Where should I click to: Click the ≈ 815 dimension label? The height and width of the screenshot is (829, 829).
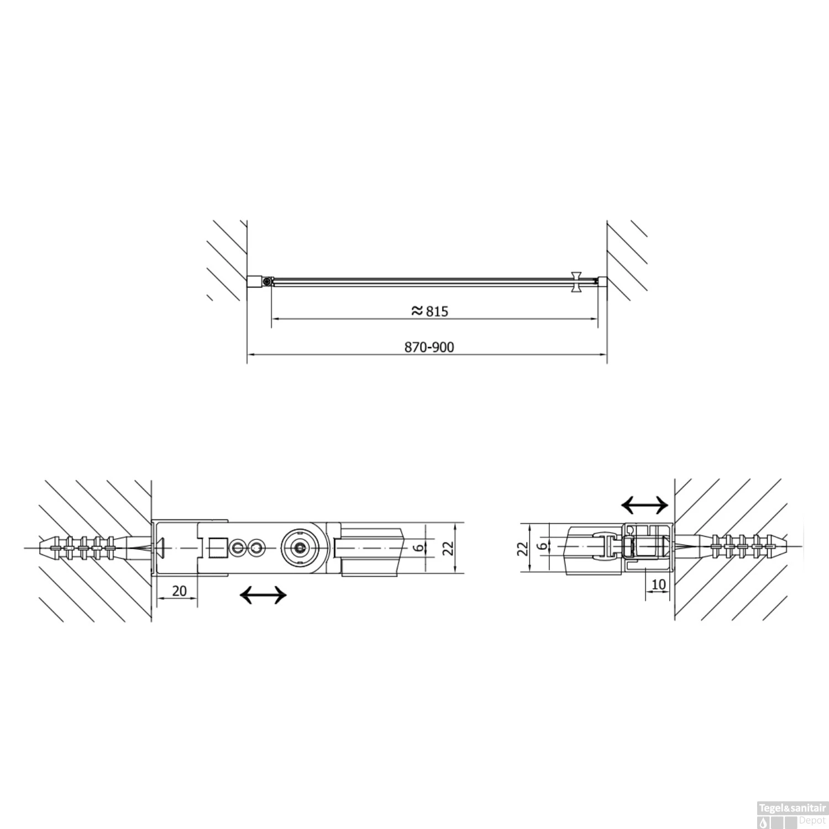click(x=430, y=311)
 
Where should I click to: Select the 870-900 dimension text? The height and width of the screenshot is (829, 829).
click(x=429, y=347)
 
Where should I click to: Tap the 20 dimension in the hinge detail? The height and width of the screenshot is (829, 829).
click(x=179, y=591)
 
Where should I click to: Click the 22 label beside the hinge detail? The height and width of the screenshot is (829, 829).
click(x=448, y=547)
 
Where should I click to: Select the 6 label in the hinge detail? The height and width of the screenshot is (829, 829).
click(x=419, y=547)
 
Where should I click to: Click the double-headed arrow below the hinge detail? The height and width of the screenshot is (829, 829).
click(x=264, y=595)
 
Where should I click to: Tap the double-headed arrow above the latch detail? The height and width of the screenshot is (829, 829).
click(x=645, y=504)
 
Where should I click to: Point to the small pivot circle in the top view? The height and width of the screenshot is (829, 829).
click(x=267, y=282)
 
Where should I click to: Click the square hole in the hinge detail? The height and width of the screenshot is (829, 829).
click(x=217, y=548)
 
